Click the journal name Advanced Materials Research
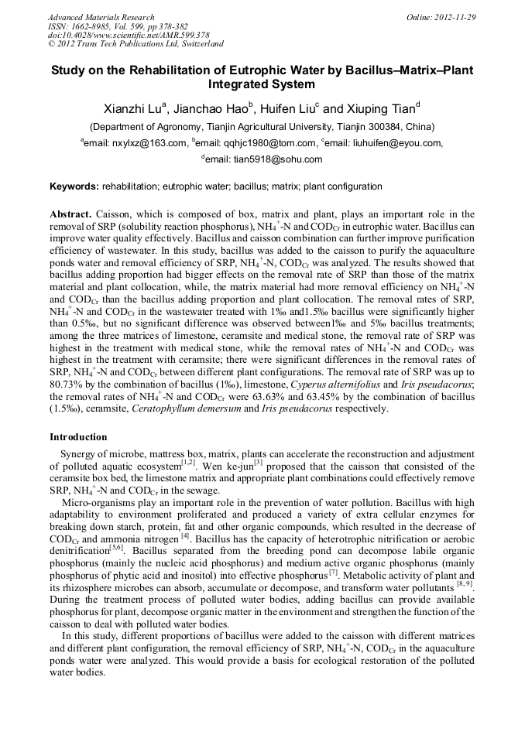101,17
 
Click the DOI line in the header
128,35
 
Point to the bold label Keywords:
74,186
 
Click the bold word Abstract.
70,214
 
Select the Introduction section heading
78,437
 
